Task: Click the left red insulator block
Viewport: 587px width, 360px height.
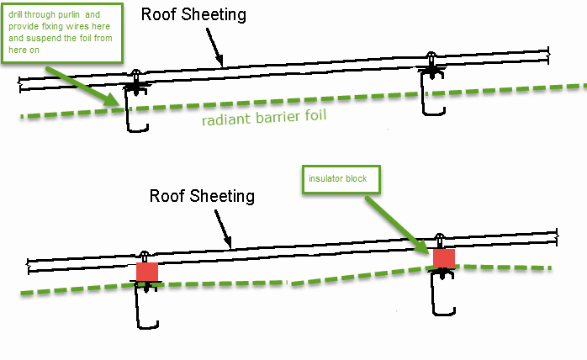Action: point(147,272)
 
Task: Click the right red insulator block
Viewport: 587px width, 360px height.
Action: point(444,258)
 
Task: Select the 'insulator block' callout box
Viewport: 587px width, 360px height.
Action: point(341,179)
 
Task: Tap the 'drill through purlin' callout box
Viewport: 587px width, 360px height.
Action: point(62,33)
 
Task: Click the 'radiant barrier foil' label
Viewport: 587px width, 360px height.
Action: point(264,117)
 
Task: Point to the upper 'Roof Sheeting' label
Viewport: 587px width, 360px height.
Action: point(193,14)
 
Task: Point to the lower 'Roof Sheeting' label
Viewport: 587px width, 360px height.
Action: point(202,196)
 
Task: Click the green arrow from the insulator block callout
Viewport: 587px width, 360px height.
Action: point(398,225)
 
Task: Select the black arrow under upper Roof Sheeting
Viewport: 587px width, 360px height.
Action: point(214,47)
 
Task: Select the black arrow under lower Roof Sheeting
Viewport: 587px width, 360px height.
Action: point(223,229)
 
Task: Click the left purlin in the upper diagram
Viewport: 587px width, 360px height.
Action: point(136,109)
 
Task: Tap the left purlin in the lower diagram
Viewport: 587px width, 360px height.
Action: point(146,304)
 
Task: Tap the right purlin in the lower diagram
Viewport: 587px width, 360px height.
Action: point(443,292)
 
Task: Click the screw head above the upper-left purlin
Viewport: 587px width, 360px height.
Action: point(136,72)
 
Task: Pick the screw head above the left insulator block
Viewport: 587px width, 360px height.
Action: point(145,255)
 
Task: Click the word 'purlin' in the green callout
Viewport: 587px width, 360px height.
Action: point(68,15)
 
